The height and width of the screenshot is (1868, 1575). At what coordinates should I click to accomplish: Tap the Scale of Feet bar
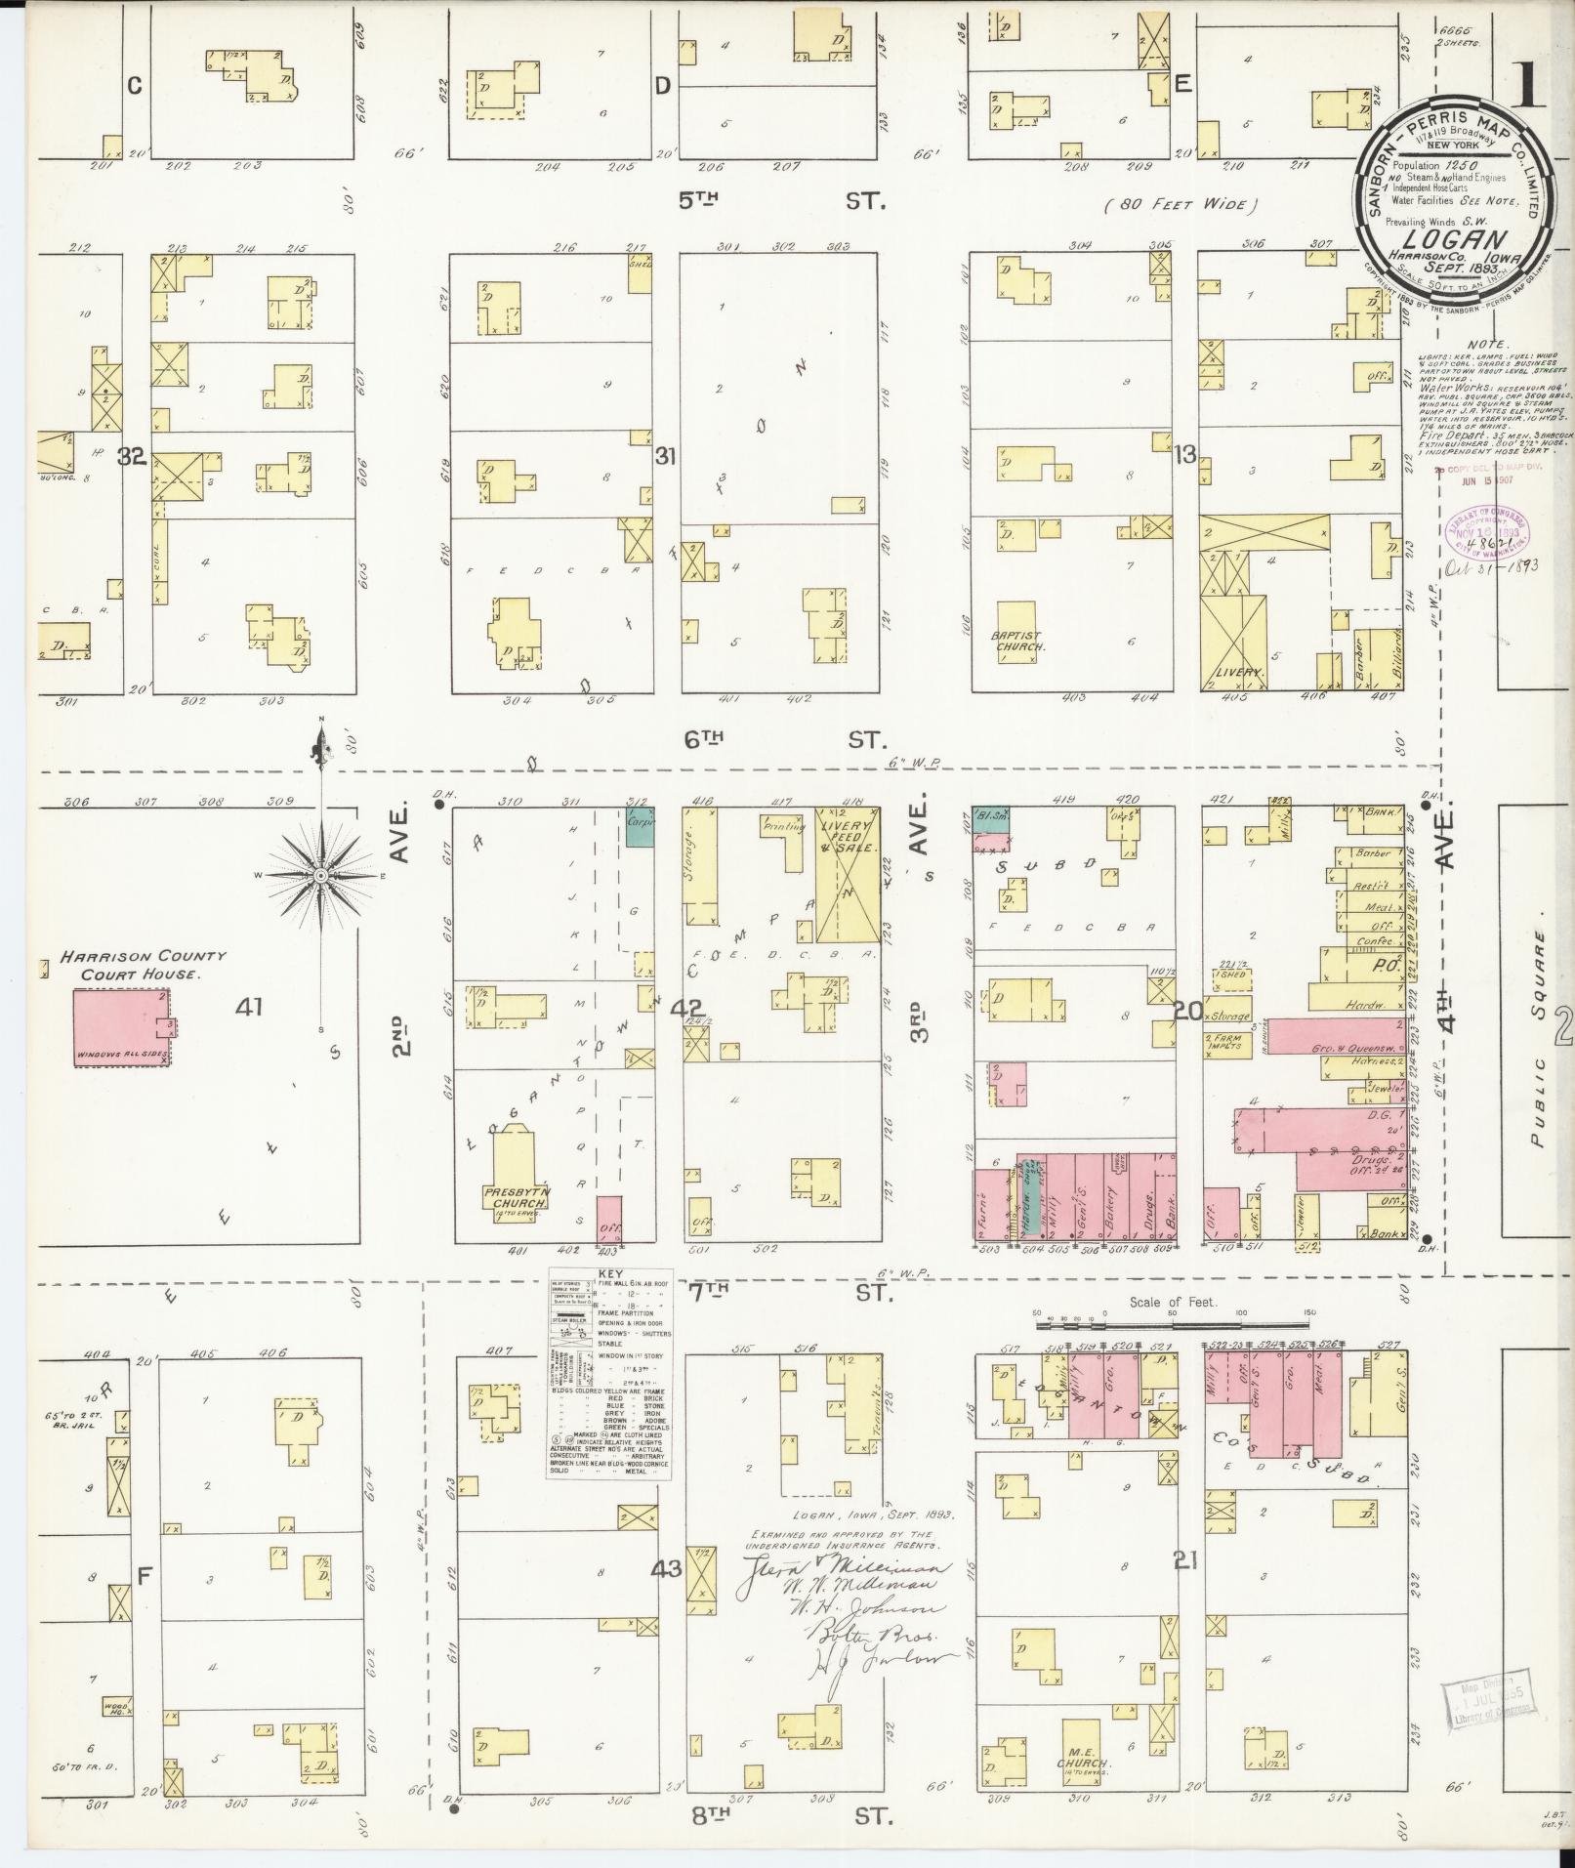(1172, 1324)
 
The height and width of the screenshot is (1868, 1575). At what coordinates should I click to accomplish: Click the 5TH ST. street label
(781, 201)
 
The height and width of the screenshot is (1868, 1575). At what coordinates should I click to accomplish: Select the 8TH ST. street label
(781, 1814)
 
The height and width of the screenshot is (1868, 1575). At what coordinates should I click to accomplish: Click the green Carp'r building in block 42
(640, 826)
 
